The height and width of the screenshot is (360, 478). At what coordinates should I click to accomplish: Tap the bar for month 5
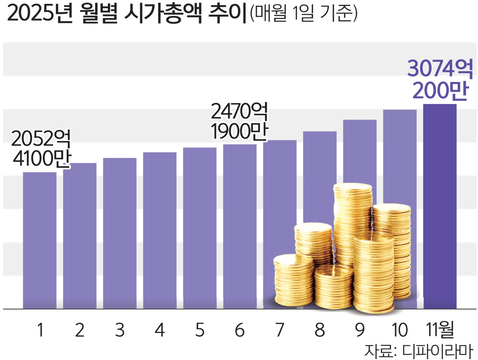coord(200,228)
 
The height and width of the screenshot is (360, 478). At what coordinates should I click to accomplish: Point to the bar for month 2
coord(80,236)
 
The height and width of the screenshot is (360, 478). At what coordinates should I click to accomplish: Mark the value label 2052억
coord(41,139)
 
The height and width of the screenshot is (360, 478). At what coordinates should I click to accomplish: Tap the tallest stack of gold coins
coord(353,223)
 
